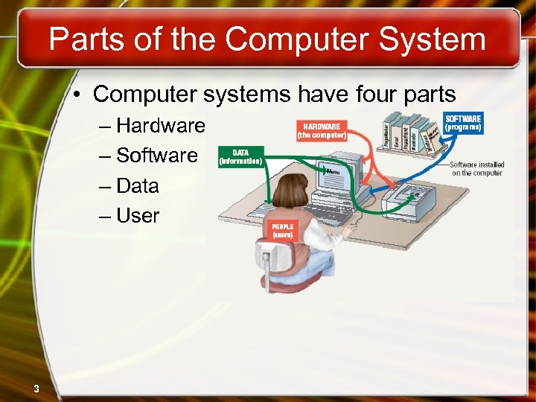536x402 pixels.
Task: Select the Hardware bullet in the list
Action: click(x=160, y=126)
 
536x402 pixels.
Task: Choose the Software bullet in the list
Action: click(x=157, y=156)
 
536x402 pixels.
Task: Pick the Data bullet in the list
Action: click(x=138, y=185)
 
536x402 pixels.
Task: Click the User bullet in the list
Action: click(x=138, y=216)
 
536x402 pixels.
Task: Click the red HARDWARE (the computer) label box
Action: click(x=322, y=131)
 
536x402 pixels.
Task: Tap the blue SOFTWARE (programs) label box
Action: click(x=463, y=123)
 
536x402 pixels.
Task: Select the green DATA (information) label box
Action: click(x=240, y=156)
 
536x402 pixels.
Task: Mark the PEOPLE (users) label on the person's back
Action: click(x=282, y=230)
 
